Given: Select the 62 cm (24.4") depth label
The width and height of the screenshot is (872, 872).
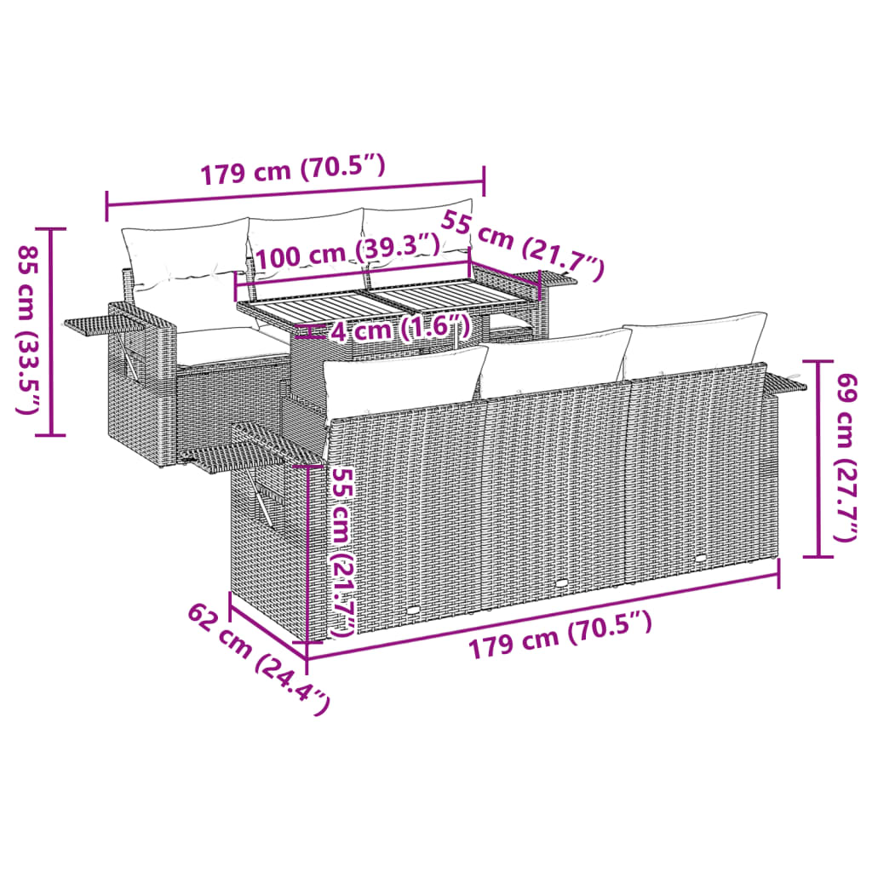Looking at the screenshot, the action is (259, 658).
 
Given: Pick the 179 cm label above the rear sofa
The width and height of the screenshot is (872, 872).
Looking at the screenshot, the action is (293, 169).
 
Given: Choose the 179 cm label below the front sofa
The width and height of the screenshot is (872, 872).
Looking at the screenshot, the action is (560, 634).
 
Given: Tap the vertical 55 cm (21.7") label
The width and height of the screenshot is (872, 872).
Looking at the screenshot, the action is (341, 552).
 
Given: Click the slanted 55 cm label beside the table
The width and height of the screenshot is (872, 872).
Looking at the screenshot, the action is (522, 245).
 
